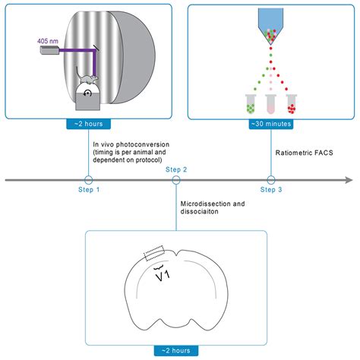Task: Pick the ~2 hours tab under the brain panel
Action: point(176,350)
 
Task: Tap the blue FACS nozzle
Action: point(270,22)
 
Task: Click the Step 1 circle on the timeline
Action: point(88,180)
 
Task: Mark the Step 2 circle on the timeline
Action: point(176,180)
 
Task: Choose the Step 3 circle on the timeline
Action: point(270,180)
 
